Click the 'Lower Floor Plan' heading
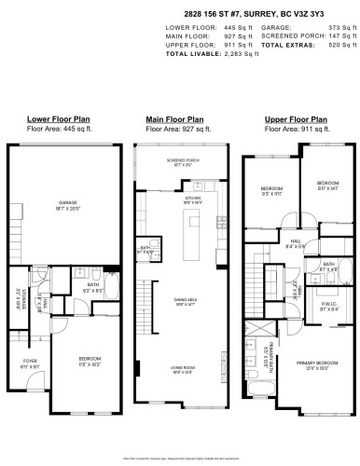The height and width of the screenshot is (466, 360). (57, 120)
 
